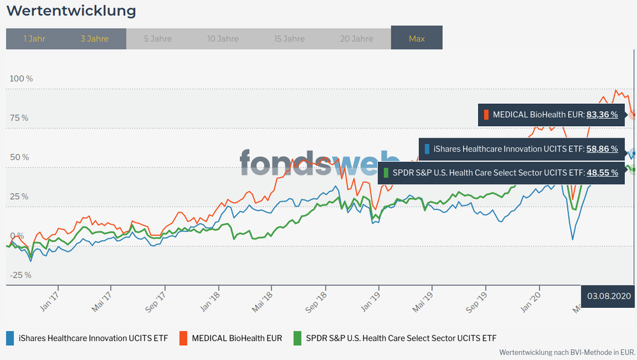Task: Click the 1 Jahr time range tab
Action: pos(34,39)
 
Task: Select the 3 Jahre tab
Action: pos(94,39)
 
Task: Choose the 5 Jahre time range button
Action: pos(158,39)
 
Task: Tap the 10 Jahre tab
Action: pos(223,39)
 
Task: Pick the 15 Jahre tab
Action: pos(289,39)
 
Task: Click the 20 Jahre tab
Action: pos(356,39)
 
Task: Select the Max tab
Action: pos(416,39)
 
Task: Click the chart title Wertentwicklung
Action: pos(71,11)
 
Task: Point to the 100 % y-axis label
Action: pos(21,78)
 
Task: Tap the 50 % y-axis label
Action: pos(19,157)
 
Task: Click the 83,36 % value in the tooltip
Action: pos(602,115)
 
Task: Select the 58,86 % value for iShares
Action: pos(602,149)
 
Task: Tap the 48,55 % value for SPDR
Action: pos(602,173)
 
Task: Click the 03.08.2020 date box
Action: pos(609,296)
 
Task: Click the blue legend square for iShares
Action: pos(10,338)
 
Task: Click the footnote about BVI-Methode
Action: pos(567,352)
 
